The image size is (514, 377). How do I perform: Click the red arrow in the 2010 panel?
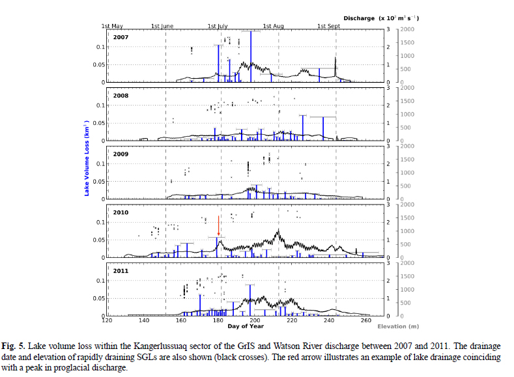[218, 229]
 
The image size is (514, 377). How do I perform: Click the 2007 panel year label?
[121, 37]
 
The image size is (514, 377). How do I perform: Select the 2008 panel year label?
[121, 96]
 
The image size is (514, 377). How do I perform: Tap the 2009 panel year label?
[121, 154]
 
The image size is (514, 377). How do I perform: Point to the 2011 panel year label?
[121, 271]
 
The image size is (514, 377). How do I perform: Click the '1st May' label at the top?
[112, 26]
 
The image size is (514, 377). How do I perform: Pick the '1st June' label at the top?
[163, 26]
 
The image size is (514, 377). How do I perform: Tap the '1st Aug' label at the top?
[274, 26]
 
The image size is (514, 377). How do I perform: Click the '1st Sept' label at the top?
[329, 26]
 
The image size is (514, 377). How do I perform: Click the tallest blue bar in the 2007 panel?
[251, 56]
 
